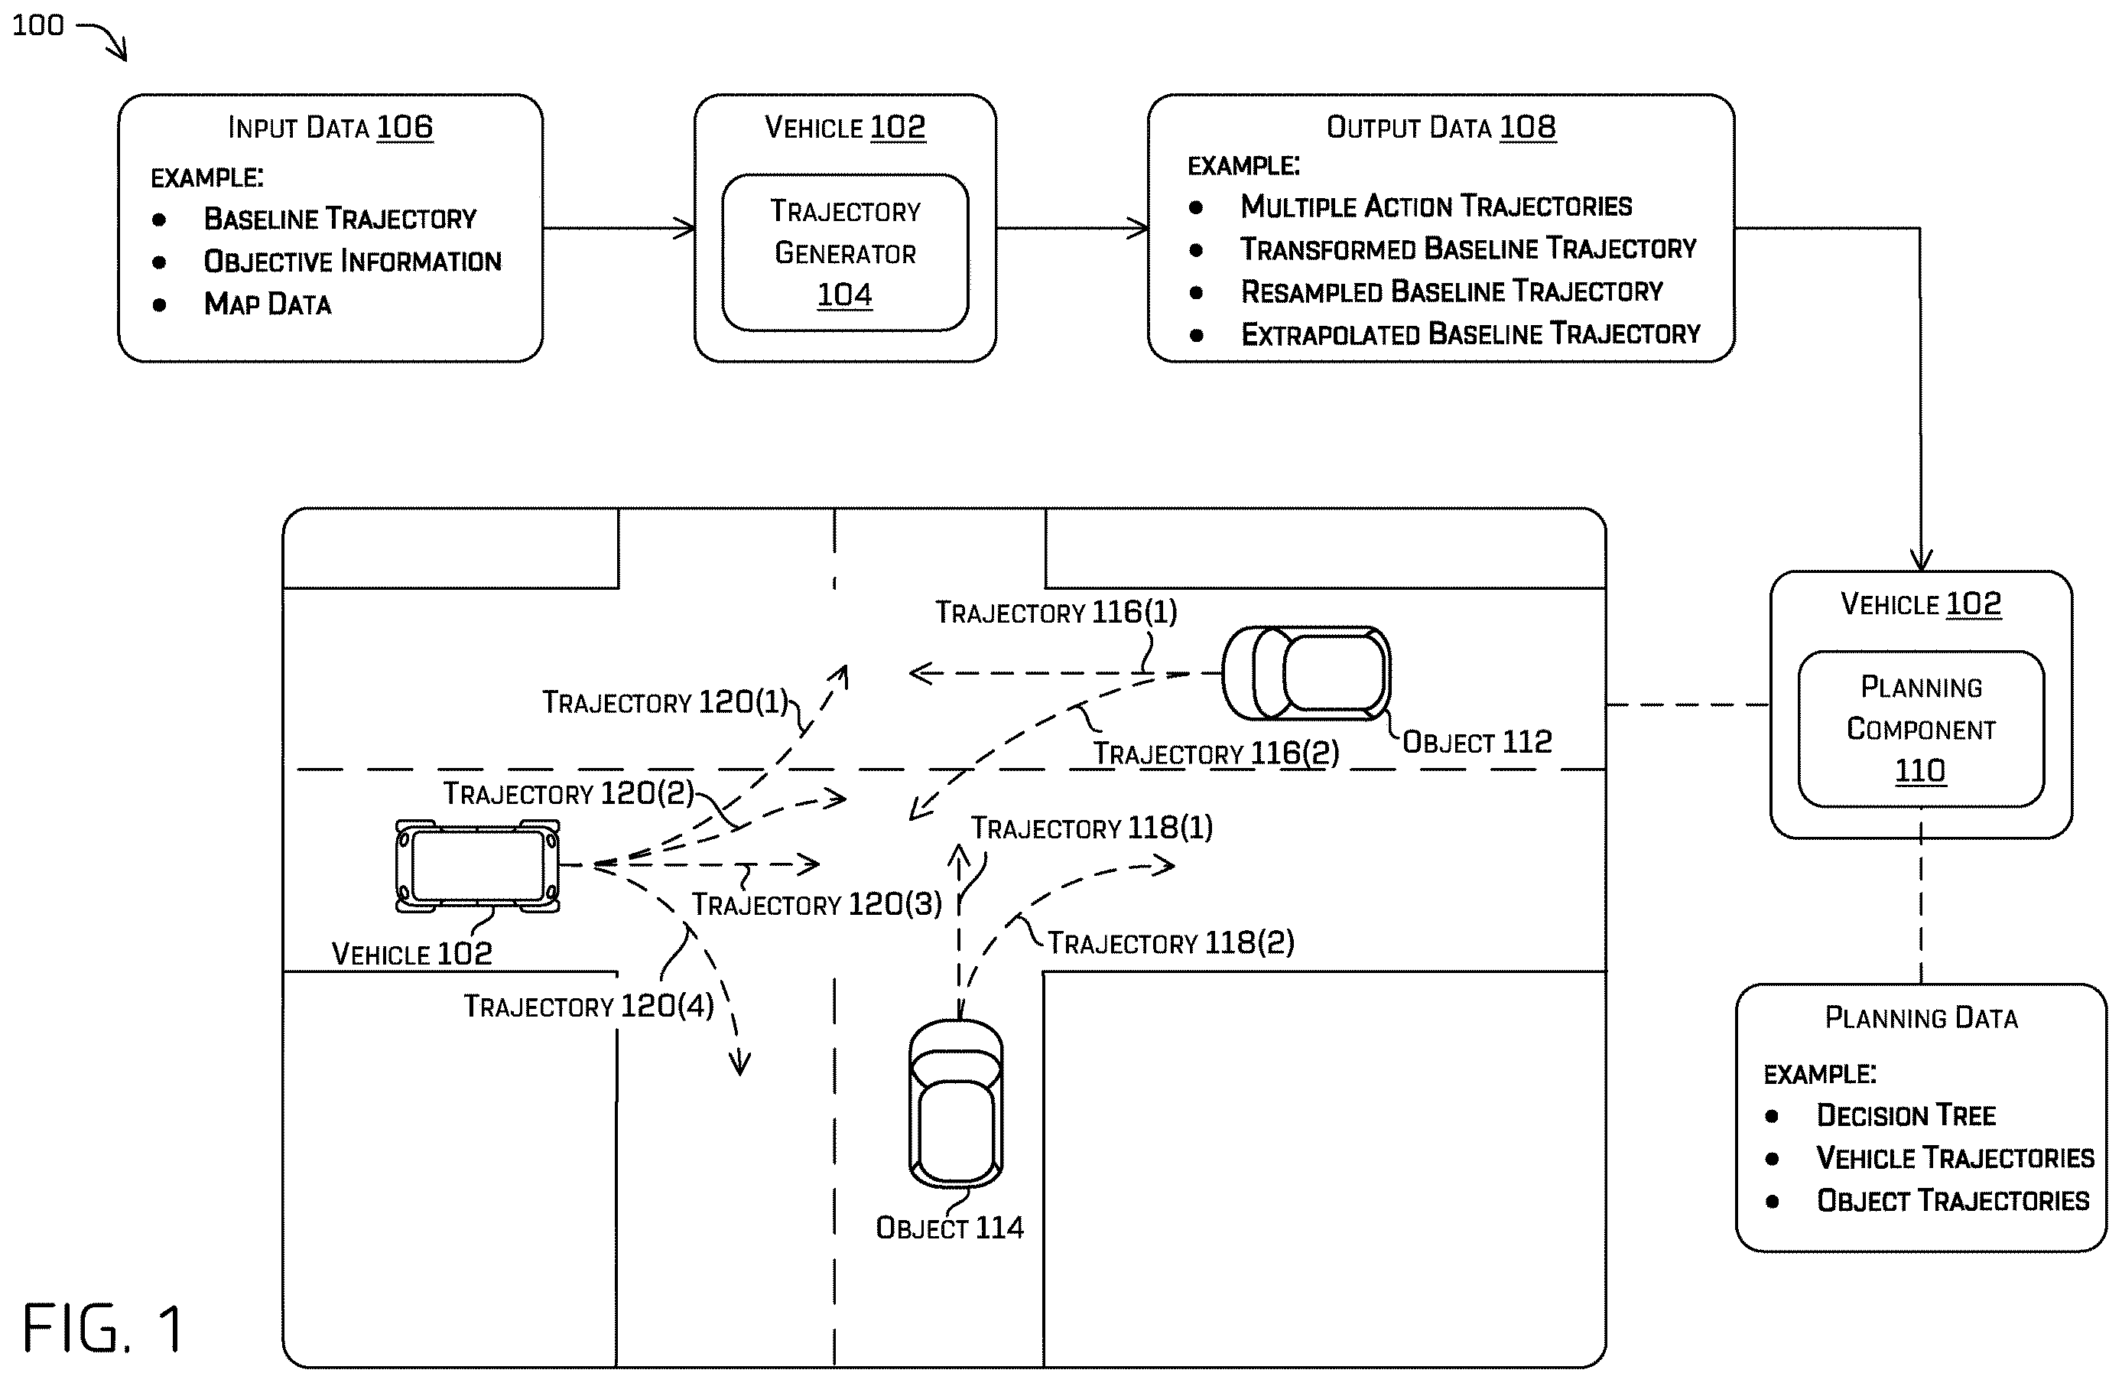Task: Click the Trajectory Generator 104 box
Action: click(844, 252)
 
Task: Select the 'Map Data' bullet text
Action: click(268, 304)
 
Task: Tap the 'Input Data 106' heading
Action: click(331, 128)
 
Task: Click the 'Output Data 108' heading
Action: click(1441, 128)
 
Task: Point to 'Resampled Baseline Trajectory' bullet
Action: click(1451, 291)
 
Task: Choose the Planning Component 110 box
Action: click(1920, 728)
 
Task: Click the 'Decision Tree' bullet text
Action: click(1906, 1115)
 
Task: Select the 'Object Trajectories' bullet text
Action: click(1952, 1200)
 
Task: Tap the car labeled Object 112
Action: click(1306, 673)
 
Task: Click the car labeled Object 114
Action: click(956, 1104)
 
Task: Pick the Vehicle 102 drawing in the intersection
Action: click(478, 866)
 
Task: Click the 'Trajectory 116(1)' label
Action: click(1056, 613)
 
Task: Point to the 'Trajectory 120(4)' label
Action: click(589, 1006)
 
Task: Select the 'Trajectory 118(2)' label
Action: click(1171, 942)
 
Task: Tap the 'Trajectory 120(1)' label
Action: click(665, 701)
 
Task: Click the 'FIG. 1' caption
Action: click(102, 1328)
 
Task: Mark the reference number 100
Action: click(38, 25)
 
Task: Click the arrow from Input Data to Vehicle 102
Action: click(619, 228)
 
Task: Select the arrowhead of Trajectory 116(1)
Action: click(920, 673)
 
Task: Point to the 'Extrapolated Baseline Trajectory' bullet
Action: click(1470, 334)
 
